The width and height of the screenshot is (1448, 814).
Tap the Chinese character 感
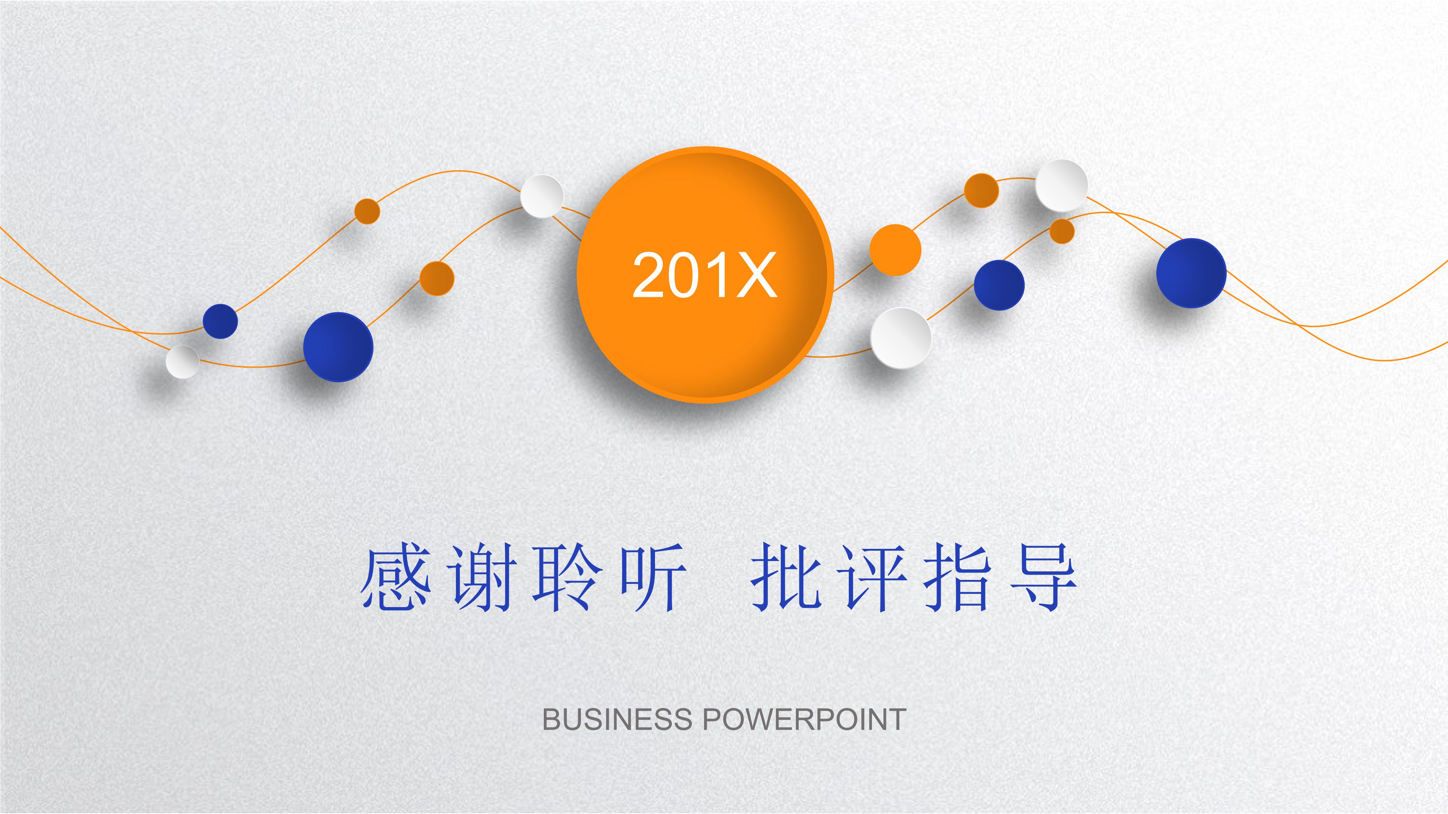pyautogui.click(x=396, y=577)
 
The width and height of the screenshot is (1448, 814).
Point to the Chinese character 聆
pyautogui.click(x=568, y=577)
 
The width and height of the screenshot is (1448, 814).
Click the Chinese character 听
pyautogui.click(x=654, y=577)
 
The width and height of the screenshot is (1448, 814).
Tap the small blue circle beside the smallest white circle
pyautogui.click(x=220, y=321)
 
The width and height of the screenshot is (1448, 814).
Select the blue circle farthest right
pyautogui.click(x=1191, y=273)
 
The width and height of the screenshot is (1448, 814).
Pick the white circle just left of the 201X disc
pyautogui.click(x=542, y=196)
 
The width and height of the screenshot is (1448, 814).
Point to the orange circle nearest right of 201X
pyautogui.click(x=896, y=250)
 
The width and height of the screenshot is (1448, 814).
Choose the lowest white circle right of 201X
pyautogui.click(x=901, y=338)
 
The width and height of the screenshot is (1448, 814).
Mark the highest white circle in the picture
pyautogui.click(x=1061, y=185)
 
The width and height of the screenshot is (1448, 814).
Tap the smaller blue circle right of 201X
pyautogui.click(x=999, y=285)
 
